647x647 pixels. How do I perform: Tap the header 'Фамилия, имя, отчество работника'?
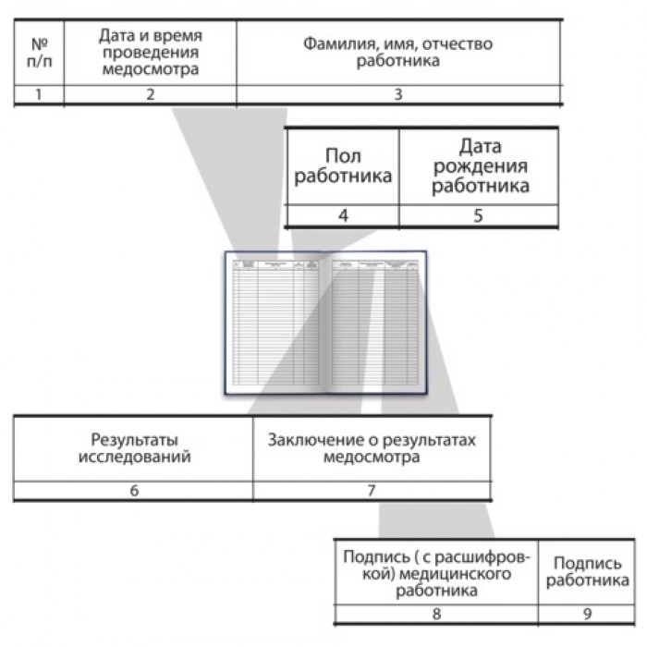click(x=398, y=52)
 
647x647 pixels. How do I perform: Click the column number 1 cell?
click(x=39, y=94)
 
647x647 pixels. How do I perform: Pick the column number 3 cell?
click(x=398, y=94)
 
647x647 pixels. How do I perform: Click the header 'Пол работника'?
click(x=343, y=166)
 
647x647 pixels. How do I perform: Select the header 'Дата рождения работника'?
click(x=480, y=166)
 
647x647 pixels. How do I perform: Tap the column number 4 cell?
click(x=343, y=216)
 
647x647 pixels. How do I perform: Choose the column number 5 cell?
click(x=480, y=216)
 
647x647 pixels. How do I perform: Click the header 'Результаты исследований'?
click(x=134, y=447)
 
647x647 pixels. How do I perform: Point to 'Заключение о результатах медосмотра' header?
click(x=372, y=447)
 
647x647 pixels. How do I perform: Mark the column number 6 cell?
click(x=134, y=491)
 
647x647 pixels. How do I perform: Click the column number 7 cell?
click(x=372, y=491)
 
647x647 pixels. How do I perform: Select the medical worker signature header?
click(x=436, y=573)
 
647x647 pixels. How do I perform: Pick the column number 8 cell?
click(x=436, y=613)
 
